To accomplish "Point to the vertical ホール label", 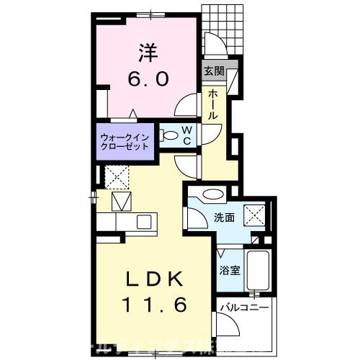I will click(x=214, y=104).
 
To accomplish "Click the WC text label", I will click(x=185, y=135).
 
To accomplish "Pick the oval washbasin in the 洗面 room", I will click(x=213, y=194).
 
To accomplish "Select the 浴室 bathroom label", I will click(x=230, y=271).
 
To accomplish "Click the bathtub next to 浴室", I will click(x=257, y=272).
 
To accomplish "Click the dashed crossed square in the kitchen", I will click(x=116, y=176).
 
